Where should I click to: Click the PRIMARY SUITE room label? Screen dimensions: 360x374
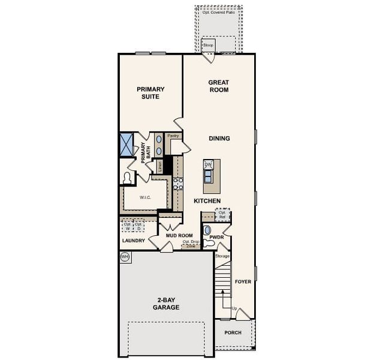(x=150, y=93)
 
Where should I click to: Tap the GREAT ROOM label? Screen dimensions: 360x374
(x=219, y=86)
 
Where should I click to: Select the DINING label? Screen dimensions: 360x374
(x=219, y=139)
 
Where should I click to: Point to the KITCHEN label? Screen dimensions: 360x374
(x=207, y=201)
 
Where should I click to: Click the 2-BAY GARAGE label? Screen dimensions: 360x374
(x=166, y=304)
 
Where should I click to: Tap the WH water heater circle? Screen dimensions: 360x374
(x=125, y=257)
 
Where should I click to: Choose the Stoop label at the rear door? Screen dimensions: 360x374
(x=208, y=46)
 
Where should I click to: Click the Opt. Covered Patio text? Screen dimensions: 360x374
(x=219, y=12)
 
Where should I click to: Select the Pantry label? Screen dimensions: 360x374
(x=173, y=136)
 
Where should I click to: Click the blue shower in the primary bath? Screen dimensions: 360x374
(x=126, y=145)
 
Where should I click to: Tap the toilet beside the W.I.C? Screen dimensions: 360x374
(x=127, y=178)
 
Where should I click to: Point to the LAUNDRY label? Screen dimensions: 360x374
(x=133, y=241)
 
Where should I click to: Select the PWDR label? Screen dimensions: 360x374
(x=216, y=238)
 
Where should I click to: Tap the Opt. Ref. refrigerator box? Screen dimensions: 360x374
(x=222, y=214)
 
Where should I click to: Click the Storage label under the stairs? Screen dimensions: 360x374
(x=222, y=256)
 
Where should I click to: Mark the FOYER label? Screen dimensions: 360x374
(x=243, y=281)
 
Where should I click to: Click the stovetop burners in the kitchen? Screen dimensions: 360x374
(x=178, y=183)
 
